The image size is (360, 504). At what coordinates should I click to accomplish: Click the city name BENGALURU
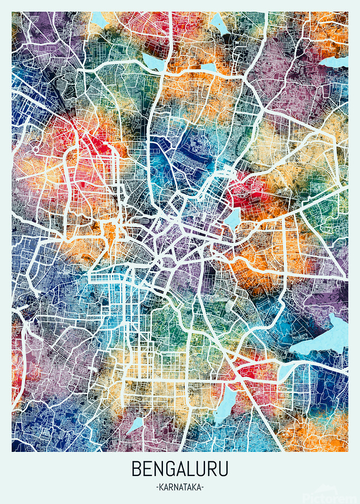(x=180, y=469)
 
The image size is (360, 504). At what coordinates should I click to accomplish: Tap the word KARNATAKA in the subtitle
(x=180, y=487)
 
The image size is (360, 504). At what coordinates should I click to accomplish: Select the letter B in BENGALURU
(x=137, y=469)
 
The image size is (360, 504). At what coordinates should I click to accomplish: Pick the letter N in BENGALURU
(x=158, y=469)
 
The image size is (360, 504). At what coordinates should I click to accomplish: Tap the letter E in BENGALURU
(x=147, y=469)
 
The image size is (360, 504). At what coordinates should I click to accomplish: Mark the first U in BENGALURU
(x=202, y=469)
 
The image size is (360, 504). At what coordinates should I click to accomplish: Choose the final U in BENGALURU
(x=223, y=469)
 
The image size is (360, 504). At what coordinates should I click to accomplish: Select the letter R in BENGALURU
(x=212, y=469)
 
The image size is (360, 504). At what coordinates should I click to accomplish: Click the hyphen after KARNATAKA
(x=203, y=487)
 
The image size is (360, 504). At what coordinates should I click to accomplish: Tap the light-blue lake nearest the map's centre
(x=232, y=219)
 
